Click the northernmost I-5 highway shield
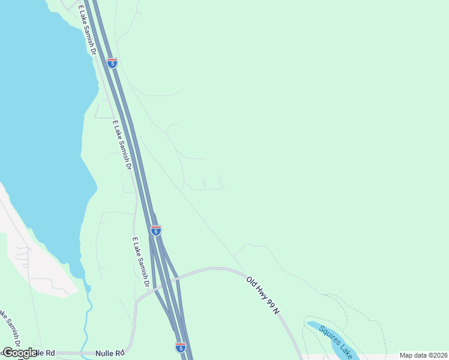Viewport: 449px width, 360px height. (x=112, y=62)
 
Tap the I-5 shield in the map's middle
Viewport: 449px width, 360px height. (x=156, y=230)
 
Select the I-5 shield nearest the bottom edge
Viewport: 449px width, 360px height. (x=181, y=347)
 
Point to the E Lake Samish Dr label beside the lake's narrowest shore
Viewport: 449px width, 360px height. (x=122, y=145)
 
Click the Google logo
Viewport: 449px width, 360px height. (x=19, y=353)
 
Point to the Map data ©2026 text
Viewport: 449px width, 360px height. (x=424, y=355)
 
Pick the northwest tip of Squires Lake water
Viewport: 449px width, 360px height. (x=309, y=324)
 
